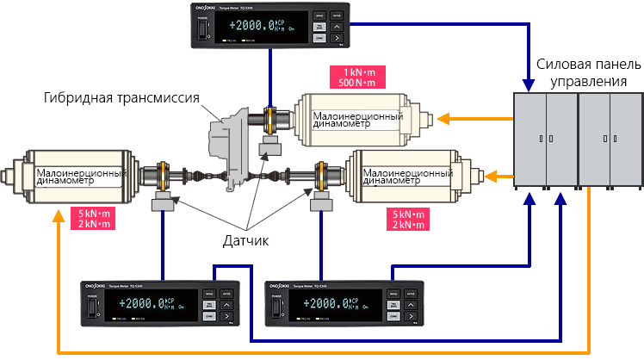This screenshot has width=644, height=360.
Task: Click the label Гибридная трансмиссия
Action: [x=121, y=97]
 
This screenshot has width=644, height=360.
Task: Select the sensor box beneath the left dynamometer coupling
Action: [x=162, y=204]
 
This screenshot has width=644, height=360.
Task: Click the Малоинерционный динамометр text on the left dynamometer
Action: [x=77, y=175]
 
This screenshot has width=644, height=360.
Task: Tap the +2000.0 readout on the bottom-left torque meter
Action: [x=143, y=304]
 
